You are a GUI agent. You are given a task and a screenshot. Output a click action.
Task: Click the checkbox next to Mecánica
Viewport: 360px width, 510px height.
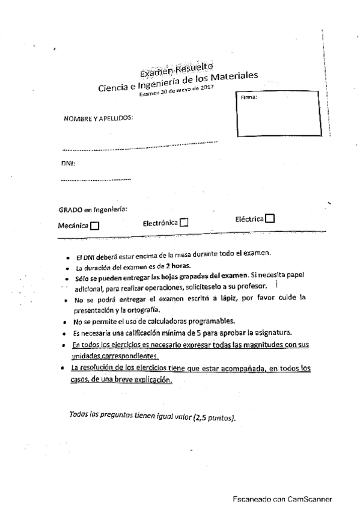94,226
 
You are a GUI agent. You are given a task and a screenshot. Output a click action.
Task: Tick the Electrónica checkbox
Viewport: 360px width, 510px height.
184,223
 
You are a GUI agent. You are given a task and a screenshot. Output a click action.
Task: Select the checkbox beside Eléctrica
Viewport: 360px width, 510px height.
270,218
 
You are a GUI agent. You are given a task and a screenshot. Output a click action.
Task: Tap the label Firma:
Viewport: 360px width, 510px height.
248,97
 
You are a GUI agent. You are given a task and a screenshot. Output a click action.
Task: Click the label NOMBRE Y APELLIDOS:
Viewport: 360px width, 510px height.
98,118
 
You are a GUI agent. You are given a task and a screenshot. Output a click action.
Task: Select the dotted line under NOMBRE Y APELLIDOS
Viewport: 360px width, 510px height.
139,144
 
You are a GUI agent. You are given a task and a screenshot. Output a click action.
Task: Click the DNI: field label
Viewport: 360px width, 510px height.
67,163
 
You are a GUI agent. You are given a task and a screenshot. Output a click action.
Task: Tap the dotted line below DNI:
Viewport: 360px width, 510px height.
96,179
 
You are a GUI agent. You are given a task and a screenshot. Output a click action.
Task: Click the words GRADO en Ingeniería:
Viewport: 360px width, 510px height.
93,210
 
